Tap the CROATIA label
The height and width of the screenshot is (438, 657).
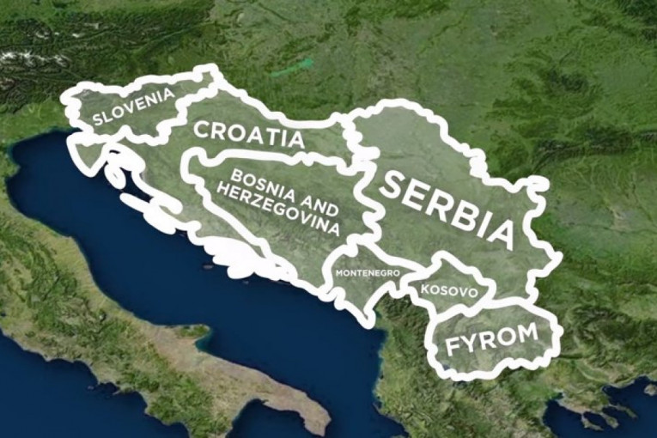tap(248, 134)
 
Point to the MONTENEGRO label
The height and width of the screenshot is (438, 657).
tap(366, 273)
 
